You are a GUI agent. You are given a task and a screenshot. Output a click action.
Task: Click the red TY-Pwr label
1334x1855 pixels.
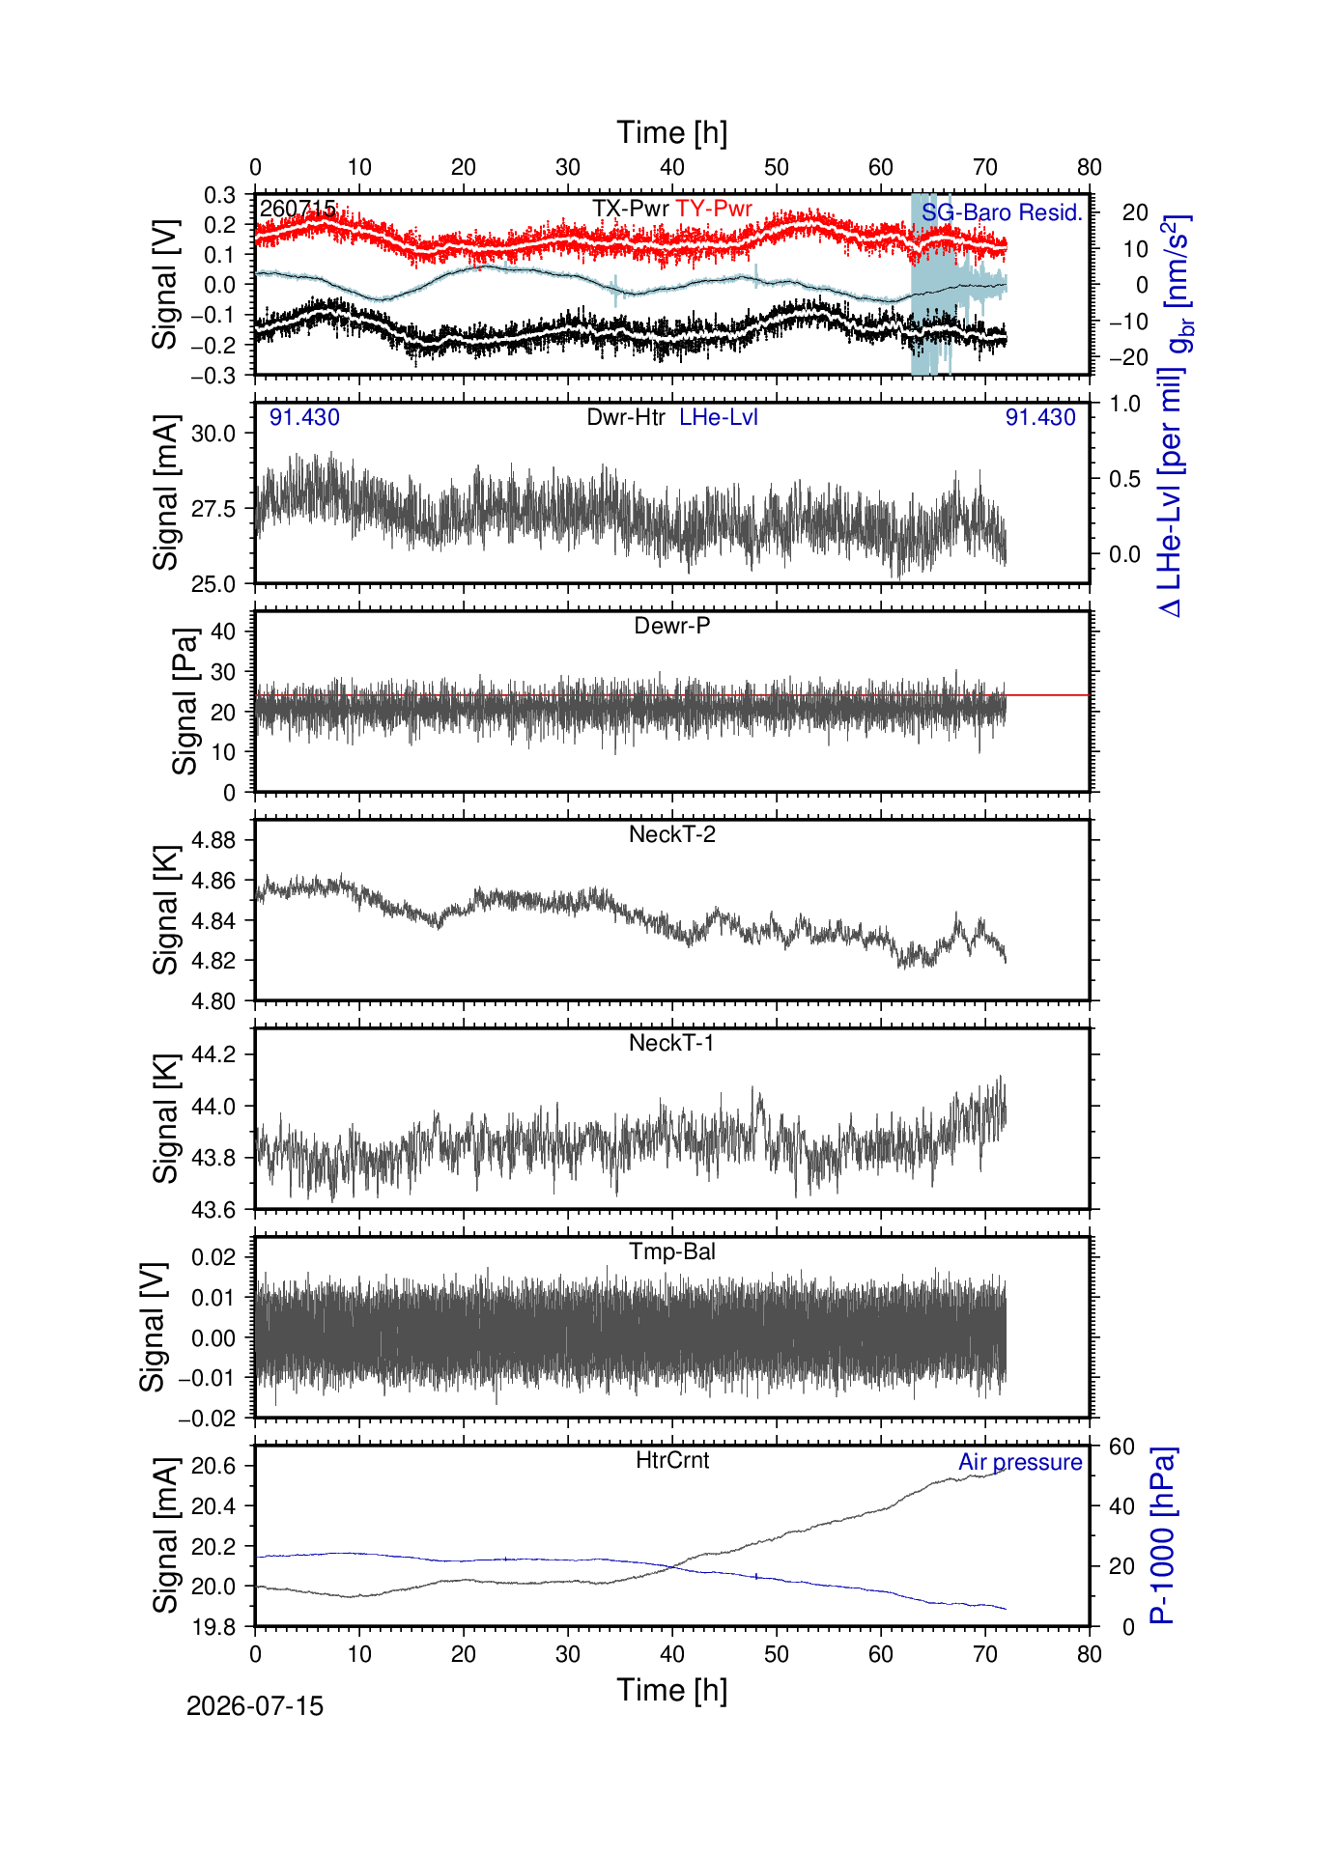point(714,209)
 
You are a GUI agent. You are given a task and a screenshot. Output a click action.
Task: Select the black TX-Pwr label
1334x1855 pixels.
point(631,209)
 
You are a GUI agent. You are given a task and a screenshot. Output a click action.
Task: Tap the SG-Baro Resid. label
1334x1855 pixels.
point(1002,212)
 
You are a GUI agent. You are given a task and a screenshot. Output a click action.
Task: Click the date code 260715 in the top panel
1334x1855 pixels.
point(298,209)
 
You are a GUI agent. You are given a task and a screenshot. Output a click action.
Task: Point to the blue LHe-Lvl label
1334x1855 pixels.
point(719,417)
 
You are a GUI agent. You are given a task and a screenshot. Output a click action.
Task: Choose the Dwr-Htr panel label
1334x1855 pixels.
point(626,417)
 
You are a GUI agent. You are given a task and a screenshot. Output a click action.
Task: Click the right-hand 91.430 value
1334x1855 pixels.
point(1040,417)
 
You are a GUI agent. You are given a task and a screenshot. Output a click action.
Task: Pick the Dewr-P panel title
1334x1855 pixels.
point(672,626)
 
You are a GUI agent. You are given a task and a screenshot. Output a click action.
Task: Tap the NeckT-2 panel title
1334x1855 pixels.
point(672,834)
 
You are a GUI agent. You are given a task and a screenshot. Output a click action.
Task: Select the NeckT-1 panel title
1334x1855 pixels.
point(672,1043)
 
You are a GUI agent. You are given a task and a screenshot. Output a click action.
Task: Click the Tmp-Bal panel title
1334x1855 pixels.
point(672,1251)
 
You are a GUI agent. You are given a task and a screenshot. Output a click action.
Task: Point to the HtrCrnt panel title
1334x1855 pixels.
point(672,1460)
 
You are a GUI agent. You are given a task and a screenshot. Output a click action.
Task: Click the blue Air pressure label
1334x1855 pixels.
point(1020,1462)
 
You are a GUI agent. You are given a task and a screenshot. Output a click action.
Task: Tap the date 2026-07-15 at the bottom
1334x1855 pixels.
point(255,1706)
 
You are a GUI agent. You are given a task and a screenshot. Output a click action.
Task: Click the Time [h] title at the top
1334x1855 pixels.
point(672,132)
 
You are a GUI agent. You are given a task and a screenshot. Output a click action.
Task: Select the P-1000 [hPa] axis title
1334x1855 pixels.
point(1162,1535)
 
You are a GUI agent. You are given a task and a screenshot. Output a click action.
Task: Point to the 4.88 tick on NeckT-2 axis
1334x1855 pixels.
point(213,840)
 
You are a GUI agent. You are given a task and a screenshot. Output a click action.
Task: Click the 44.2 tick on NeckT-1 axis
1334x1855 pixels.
point(213,1054)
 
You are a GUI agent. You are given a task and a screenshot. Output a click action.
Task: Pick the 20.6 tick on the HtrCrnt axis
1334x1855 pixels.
point(213,1466)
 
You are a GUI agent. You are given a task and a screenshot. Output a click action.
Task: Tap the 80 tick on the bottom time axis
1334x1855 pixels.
point(1090,1654)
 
